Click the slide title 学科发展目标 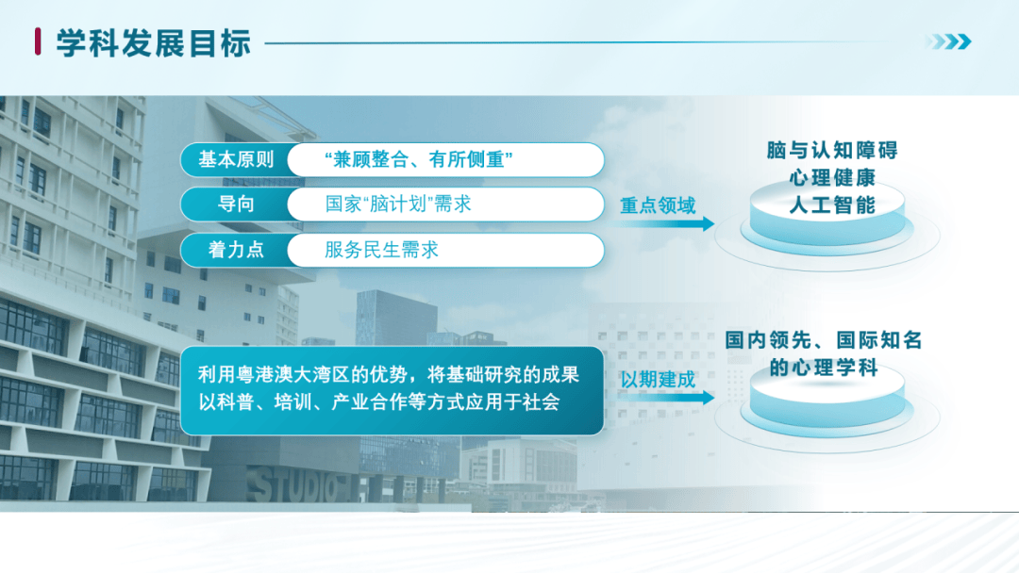point(154,43)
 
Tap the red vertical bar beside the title point(38,41)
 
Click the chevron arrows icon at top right point(948,41)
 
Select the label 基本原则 point(236,159)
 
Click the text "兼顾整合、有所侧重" point(419,159)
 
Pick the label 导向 point(236,205)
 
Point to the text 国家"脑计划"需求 point(398,205)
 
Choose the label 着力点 point(236,250)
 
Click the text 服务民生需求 point(381,250)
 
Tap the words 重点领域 point(658,205)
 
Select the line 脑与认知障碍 point(832,151)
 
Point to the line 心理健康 point(832,178)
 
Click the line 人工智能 point(832,205)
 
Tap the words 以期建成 point(658,380)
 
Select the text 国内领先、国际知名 point(824,340)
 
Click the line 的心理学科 point(824,368)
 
